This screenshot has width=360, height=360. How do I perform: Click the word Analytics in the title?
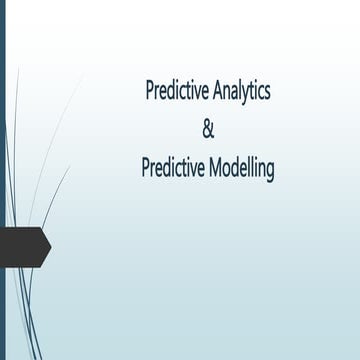pos(237,91)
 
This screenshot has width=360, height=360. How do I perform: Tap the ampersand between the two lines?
pos(208,130)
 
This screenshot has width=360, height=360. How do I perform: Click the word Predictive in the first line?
pos(173,91)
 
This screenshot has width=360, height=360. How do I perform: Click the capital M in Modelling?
pos(213,169)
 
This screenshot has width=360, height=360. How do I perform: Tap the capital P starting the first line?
pos(150,91)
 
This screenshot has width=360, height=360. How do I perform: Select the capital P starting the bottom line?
pos(147,169)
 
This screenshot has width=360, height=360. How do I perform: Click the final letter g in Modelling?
pos(269,172)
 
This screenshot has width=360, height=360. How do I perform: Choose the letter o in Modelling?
pos(227,170)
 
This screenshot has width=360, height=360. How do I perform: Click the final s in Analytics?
pos(266,92)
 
